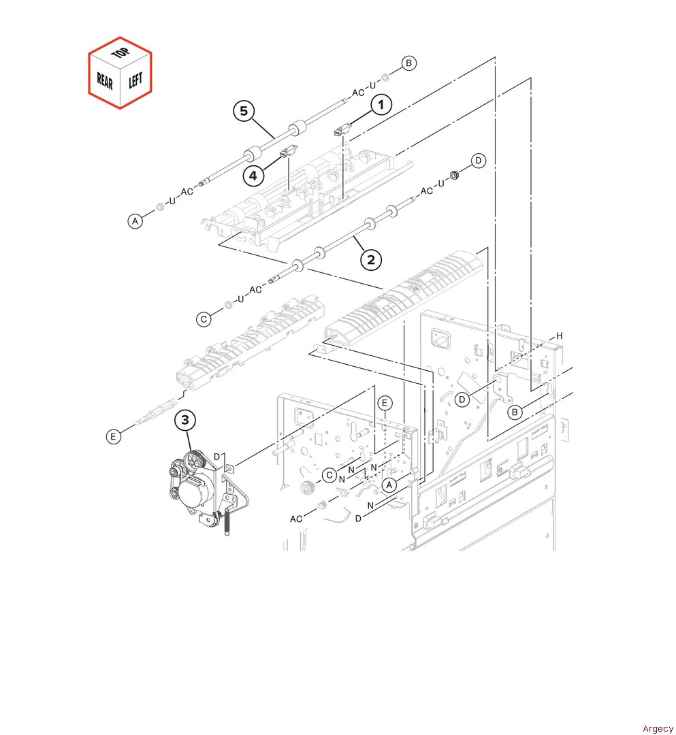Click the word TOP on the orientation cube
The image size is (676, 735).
(120, 52)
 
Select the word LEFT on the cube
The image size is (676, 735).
(135, 80)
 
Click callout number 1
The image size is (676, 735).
(381, 104)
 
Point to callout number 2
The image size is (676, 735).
(371, 260)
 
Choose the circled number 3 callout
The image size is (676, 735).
(185, 420)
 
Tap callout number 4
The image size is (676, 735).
(253, 176)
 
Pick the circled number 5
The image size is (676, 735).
(244, 111)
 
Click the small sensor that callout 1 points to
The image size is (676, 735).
(342, 130)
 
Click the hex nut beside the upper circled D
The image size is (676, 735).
(453, 176)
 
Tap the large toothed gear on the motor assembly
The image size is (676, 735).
(195, 460)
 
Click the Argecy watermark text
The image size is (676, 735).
(658, 728)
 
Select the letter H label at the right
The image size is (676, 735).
(560, 336)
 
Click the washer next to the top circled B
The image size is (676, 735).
(385, 78)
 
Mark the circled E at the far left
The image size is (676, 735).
(113, 437)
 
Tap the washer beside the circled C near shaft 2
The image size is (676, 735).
(228, 305)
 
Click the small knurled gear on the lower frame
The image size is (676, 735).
(306, 487)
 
